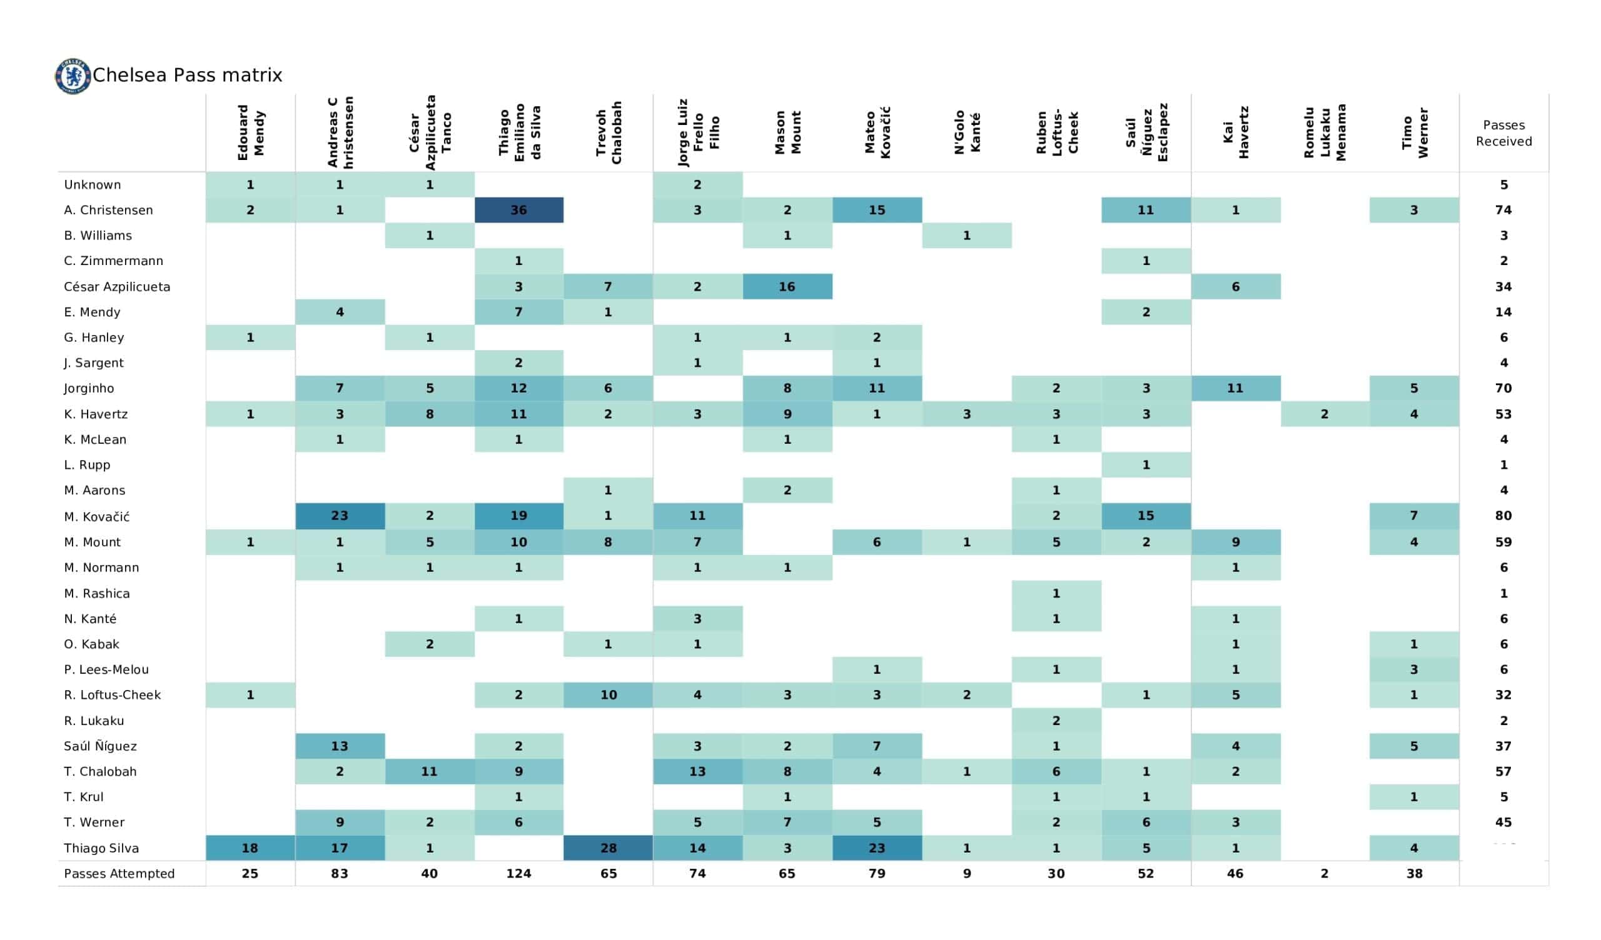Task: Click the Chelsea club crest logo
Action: [73, 76]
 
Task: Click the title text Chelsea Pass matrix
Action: [188, 75]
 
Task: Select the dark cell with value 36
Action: [518, 210]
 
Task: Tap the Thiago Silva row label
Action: [101, 848]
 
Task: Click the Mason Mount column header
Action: [787, 132]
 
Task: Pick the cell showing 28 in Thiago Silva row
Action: [608, 848]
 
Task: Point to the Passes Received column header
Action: [1503, 133]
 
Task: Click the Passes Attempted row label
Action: [119, 873]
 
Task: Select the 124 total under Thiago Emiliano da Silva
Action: [518, 873]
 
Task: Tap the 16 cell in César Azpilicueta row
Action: [787, 286]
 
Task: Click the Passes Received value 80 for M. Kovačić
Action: [1503, 516]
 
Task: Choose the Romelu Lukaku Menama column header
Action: [1325, 132]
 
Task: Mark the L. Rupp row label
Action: [87, 465]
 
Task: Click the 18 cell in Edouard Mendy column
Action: [250, 848]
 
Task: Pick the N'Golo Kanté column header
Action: [967, 132]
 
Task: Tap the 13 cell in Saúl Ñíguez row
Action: [339, 746]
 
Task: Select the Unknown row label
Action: [92, 185]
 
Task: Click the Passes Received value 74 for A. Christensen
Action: [1503, 210]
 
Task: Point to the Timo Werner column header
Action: [1414, 132]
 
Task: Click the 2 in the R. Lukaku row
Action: [1056, 720]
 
